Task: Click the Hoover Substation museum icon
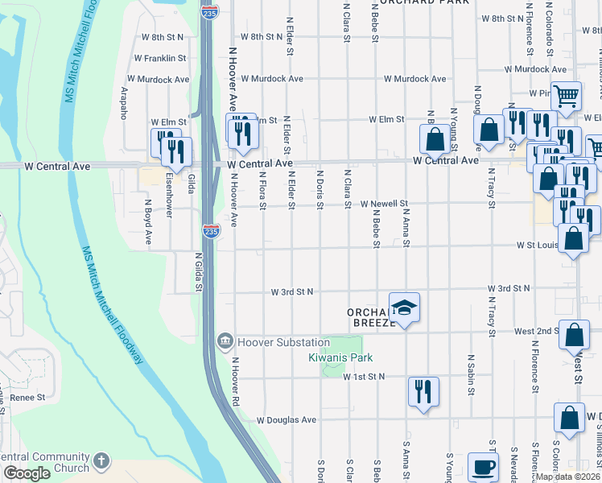coord(225,342)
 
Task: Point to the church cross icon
coord(101,460)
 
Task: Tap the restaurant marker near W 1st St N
coord(423,392)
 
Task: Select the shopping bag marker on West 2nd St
coord(574,335)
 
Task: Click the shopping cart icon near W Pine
coord(567,96)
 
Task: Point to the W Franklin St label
coord(161,59)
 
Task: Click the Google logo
coord(27,474)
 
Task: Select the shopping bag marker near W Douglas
coord(569,419)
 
